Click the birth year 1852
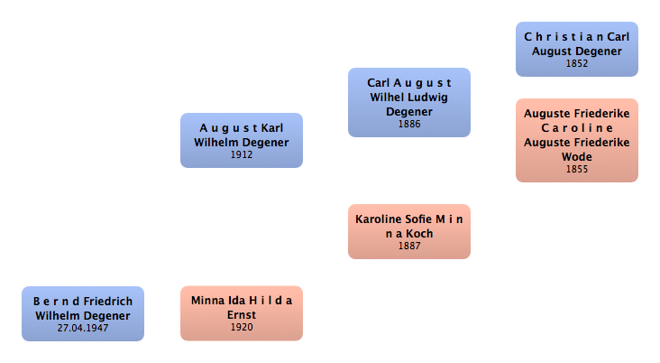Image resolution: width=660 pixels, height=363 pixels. [577, 64]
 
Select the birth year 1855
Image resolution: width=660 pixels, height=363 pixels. [577, 169]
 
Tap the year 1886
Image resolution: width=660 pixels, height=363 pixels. [409, 124]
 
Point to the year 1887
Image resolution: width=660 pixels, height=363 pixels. [409, 246]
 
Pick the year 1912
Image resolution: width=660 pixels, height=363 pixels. [242, 154]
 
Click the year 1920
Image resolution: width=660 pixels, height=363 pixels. [242, 327]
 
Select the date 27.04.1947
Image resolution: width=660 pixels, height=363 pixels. [83, 328]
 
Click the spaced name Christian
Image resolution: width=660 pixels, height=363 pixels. [564, 37]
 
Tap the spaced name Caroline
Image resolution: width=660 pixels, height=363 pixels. [577, 127]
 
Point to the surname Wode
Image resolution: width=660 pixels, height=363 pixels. [577, 157]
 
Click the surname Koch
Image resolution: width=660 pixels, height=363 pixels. [419, 234]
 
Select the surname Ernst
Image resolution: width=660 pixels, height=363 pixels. [242, 315]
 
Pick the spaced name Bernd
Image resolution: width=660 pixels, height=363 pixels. [57, 302]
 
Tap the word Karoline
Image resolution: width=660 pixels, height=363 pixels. [378, 219]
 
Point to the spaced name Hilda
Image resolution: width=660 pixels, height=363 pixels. [270, 301]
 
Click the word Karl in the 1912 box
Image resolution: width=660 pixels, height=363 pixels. [272, 128]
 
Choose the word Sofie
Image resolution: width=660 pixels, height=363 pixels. [418, 219]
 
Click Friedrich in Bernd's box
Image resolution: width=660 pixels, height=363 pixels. [108, 302]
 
